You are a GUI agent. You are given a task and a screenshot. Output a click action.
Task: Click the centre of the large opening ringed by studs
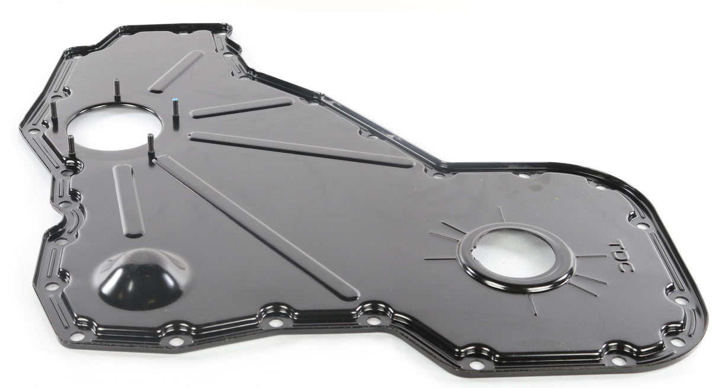tap(113, 127)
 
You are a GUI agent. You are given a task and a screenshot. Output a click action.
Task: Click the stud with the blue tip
tap(176, 112)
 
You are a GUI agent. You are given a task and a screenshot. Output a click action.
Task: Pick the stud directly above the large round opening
tap(117, 89)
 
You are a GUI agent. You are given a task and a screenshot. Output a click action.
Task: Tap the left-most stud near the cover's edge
tap(54, 114)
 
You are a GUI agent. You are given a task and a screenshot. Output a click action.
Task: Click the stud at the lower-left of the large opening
tap(72, 146)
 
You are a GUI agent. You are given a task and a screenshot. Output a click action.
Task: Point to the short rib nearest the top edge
tap(176, 72)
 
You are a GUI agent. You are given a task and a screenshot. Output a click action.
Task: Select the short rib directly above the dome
tap(128, 200)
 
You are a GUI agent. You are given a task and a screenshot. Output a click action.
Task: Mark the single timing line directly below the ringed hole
tap(532, 304)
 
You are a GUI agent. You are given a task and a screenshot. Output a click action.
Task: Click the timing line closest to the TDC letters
tap(591, 256)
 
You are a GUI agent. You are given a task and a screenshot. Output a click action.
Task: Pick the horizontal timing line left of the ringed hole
tap(439, 259)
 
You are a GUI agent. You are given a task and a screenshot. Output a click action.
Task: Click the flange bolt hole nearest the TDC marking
tap(642, 226)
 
